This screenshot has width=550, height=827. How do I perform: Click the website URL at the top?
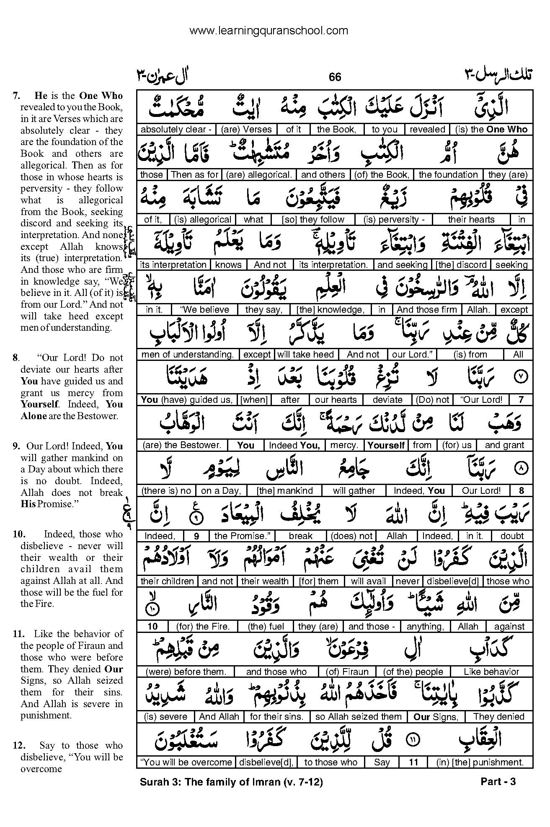coord(269,31)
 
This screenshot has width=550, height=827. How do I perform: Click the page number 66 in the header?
coord(335,77)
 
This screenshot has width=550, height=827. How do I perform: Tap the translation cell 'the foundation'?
coord(448,175)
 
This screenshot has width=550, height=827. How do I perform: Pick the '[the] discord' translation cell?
coord(461,265)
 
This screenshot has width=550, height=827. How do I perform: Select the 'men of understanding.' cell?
coord(188,355)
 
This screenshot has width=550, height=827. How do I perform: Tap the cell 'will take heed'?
coord(306,355)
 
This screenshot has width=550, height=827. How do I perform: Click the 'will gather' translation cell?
coord(354,490)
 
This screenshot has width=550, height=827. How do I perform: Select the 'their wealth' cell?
coord(265,581)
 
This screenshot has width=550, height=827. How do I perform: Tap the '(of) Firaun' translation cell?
coord(347,672)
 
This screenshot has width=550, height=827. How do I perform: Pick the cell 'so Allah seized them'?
coord(359,717)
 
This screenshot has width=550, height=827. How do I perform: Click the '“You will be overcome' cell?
coord(186,762)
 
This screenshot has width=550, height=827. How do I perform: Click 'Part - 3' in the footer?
coord(498,782)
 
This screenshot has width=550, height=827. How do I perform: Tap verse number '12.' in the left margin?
coord(20,745)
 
